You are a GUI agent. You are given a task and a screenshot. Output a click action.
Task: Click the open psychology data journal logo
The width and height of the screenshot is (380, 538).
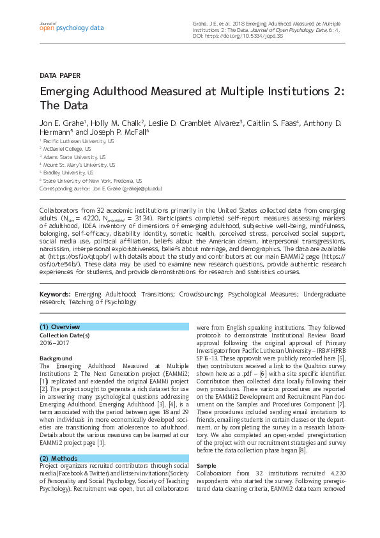click(x=72, y=27)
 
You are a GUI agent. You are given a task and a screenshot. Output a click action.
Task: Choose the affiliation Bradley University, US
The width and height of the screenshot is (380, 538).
click(x=68, y=173)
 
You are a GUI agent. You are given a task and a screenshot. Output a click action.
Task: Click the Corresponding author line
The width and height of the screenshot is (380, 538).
click(x=101, y=188)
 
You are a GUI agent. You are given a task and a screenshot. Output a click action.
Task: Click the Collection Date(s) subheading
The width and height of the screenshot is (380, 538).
click(x=65, y=335)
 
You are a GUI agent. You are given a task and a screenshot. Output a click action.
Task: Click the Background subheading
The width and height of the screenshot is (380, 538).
click(x=56, y=358)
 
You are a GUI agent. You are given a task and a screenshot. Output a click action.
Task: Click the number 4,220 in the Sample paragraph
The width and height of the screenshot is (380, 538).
click(x=333, y=474)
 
